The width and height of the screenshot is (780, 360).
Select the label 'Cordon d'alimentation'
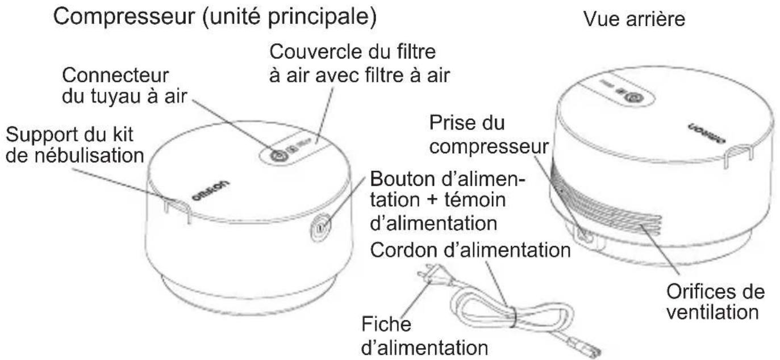(469, 250)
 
